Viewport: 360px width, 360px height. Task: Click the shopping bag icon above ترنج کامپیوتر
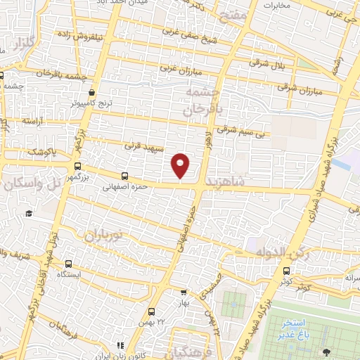tap(92, 92)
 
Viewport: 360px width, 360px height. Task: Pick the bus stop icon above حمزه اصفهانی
tap(124, 176)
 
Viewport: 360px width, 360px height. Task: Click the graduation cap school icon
tap(29, 214)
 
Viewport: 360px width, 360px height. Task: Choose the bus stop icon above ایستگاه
tap(67, 264)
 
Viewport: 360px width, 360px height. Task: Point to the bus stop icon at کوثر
tap(285, 271)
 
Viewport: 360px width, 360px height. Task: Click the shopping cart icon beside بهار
tap(184, 291)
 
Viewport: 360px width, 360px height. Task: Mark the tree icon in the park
tap(326, 351)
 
